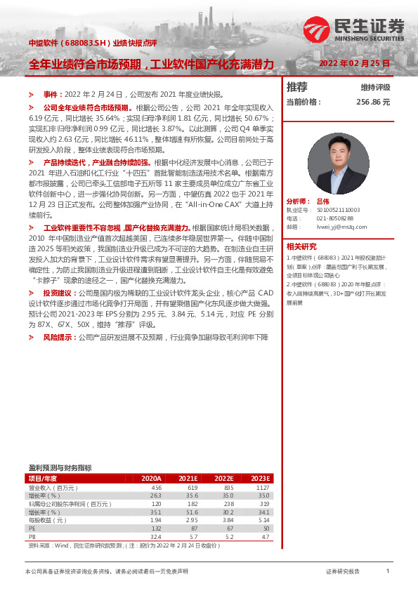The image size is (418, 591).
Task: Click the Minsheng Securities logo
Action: click(x=354, y=29)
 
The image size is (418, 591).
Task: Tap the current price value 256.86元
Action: click(x=372, y=102)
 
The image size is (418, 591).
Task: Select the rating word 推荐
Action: click(x=297, y=87)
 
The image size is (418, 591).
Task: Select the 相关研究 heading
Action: click(x=301, y=246)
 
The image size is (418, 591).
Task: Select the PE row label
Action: click(x=32, y=529)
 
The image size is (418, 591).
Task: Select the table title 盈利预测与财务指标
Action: click(x=60, y=467)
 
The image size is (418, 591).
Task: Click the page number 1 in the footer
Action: click(x=388, y=572)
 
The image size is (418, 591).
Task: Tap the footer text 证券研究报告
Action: click(x=343, y=572)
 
